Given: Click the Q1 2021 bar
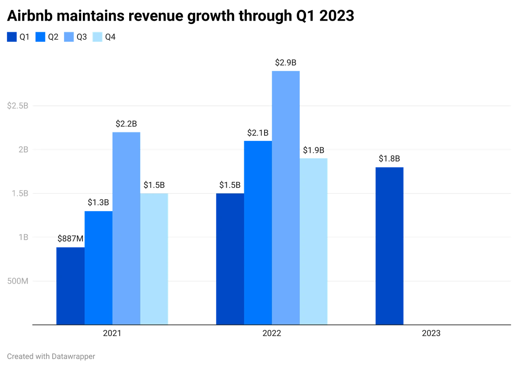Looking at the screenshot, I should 70,285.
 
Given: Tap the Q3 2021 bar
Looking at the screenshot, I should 126,227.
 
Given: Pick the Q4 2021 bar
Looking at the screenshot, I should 155,259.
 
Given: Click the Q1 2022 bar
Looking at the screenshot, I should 229,259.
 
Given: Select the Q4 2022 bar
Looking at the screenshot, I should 314,241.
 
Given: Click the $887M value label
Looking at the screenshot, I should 70,239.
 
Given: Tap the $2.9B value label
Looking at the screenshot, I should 286,63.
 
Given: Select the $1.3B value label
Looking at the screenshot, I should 98,203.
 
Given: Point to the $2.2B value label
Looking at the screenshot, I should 126,124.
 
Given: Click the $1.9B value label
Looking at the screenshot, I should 313,150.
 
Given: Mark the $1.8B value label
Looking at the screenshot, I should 389,159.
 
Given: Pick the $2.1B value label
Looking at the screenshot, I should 258,133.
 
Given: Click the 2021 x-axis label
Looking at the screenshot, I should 112,334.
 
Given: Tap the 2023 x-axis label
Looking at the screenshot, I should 431,334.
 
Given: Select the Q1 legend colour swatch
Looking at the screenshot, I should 12,37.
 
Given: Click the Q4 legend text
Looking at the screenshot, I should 110,37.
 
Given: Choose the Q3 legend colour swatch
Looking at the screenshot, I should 69,37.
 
